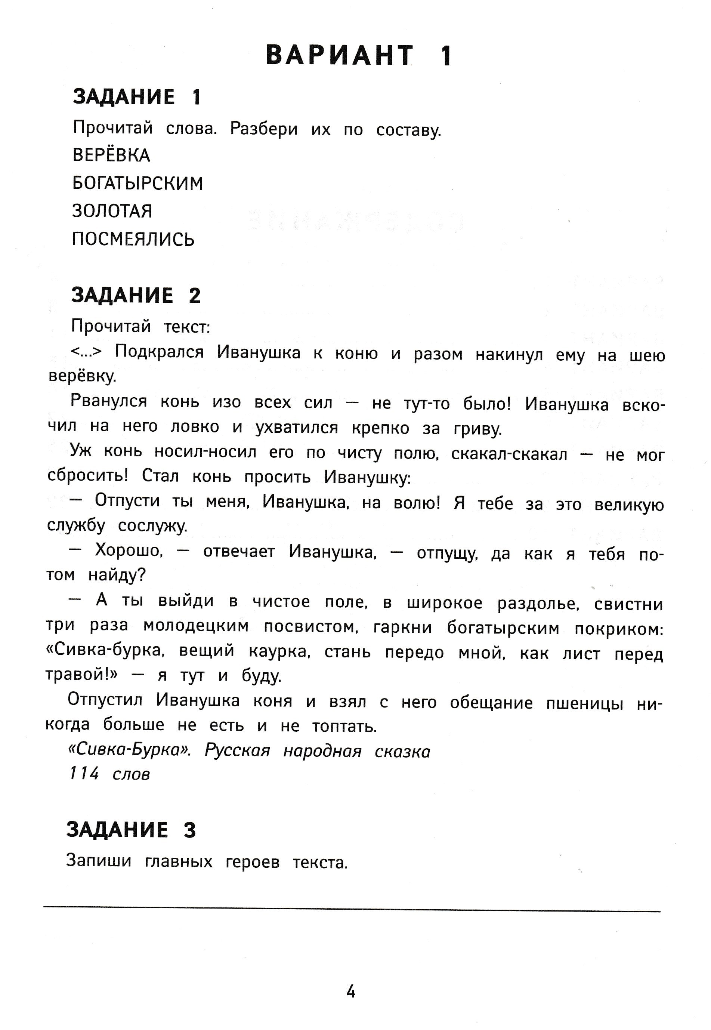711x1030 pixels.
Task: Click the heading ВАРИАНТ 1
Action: (359, 56)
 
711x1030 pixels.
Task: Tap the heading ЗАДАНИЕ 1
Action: (137, 97)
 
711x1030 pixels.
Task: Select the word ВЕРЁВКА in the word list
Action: (111, 155)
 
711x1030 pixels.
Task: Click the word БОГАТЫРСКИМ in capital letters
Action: (137, 184)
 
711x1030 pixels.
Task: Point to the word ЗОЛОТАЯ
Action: (112, 211)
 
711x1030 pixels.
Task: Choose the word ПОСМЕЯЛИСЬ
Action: (133, 240)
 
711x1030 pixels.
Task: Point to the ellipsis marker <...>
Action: (86, 352)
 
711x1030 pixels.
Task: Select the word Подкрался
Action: (159, 352)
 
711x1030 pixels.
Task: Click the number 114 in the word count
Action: (84, 774)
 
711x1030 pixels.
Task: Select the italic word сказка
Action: (402, 752)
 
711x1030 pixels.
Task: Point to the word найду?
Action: (117, 576)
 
